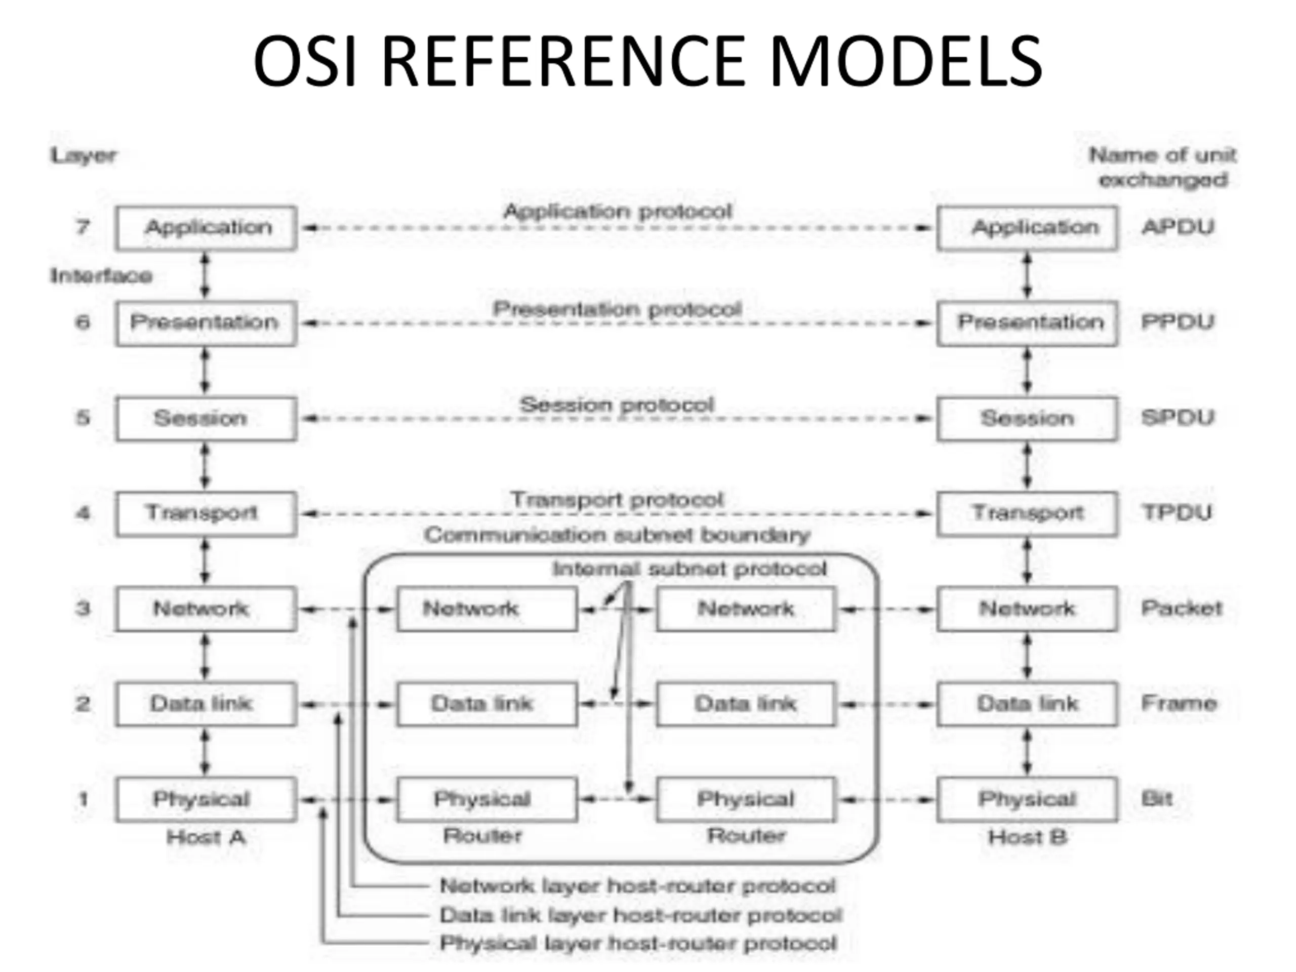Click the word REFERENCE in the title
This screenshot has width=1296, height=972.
point(563,61)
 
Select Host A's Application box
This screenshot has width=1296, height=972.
point(206,228)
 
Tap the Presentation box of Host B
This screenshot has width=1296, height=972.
point(1027,323)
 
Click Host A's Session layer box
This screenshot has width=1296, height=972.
point(206,419)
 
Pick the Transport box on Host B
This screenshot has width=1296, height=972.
point(1027,514)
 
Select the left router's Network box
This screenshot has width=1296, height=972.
point(487,610)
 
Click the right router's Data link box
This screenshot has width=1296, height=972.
point(746,704)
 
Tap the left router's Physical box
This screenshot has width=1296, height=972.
point(487,800)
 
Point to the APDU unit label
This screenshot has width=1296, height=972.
point(1178,227)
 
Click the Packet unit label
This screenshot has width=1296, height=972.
point(1182,608)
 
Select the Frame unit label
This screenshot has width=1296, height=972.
point(1179,703)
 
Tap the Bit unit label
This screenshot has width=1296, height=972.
point(1157,798)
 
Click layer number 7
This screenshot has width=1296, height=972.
point(83,227)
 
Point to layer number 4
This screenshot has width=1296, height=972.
point(83,513)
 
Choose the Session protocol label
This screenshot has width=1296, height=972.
point(617,405)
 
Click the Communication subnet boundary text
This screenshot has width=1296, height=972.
point(618,535)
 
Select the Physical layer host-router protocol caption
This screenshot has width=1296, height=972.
point(638,943)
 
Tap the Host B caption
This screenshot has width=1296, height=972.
point(1027,837)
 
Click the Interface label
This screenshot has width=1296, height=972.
point(101,275)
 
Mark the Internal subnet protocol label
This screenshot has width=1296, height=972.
point(690,569)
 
